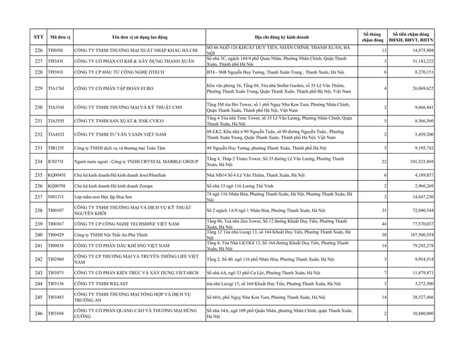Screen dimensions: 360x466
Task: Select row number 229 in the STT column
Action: tap(38, 89)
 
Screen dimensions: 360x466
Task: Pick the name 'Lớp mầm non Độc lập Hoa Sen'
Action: tap(101, 197)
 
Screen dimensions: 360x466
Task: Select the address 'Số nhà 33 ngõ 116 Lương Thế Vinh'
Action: tap(242, 187)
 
